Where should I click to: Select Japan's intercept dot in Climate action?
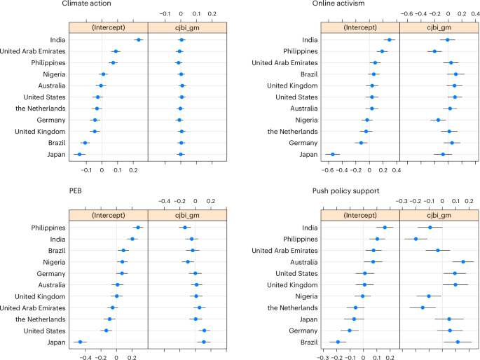click(x=79, y=154)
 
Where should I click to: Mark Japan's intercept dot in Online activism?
click(x=332, y=154)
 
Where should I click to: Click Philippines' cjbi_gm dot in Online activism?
click(x=434, y=51)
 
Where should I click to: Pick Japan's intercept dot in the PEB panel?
click(x=80, y=342)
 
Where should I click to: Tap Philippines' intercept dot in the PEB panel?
click(x=138, y=228)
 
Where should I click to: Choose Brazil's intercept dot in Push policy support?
click(x=338, y=342)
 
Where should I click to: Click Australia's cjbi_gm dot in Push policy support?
click(x=462, y=262)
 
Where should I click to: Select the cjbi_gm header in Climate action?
click(x=181, y=27)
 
